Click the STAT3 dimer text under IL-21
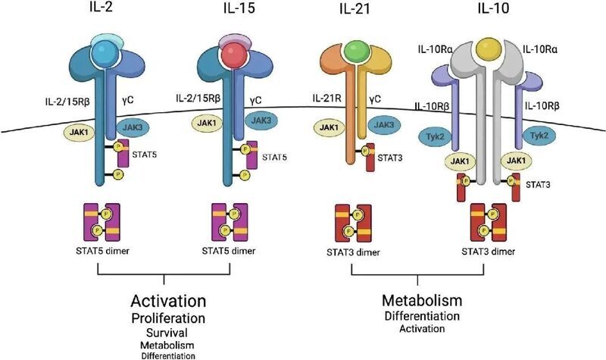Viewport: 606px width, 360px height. [x=355, y=252]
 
